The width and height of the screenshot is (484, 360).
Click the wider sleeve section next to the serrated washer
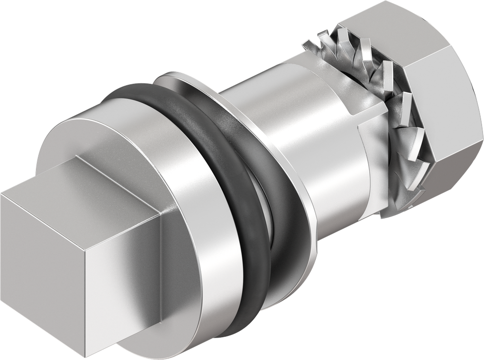pos(331,156)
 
